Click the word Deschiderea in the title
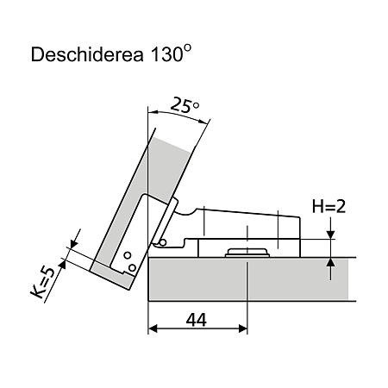(87, 54)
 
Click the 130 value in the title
(166, 54)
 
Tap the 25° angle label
(185, 105)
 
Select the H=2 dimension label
(329, 206)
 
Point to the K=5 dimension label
(42, 283)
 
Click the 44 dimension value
(197, 320)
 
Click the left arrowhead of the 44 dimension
(153, 329)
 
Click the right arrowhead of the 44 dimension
(243, 329)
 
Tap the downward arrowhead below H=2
(331, 235)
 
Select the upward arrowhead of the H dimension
(331, 262)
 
